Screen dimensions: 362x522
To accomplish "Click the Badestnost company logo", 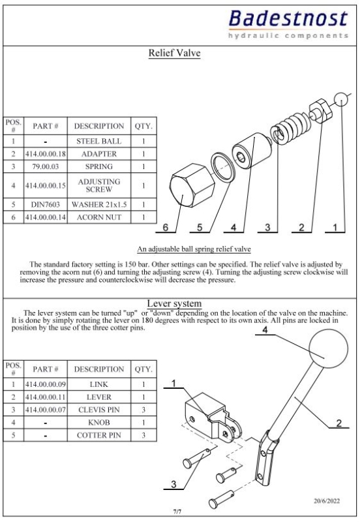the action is coord(288,24).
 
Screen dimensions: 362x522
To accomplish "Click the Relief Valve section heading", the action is coord(174,53).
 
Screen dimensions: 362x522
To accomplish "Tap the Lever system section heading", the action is coord(174,303).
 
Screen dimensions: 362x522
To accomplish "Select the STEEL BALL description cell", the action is coord(99,141).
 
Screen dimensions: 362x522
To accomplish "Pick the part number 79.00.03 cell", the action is coord(46,166).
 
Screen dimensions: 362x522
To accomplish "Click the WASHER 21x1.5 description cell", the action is coord(99,204).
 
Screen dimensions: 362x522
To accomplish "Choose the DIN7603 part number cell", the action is coord(46,204).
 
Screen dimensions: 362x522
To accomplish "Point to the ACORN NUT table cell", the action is coord(99,217).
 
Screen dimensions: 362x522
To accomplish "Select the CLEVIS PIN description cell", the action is coord(99,410).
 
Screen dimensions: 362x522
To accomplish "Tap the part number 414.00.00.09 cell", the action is coord(46,384).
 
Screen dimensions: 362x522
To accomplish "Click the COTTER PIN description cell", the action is coord(99,435).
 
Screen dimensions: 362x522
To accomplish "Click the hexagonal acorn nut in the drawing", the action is coord(192,185).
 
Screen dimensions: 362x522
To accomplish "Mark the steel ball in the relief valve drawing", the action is coord(341,99).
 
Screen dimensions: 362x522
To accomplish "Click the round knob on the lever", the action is coord(328,348).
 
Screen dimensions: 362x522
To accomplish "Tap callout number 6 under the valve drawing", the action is coord(166,227).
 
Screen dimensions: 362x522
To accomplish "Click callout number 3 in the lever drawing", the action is coord(173,484).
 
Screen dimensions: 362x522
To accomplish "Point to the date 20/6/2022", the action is coord(327,500).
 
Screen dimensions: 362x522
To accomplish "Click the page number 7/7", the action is coord(177,512).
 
